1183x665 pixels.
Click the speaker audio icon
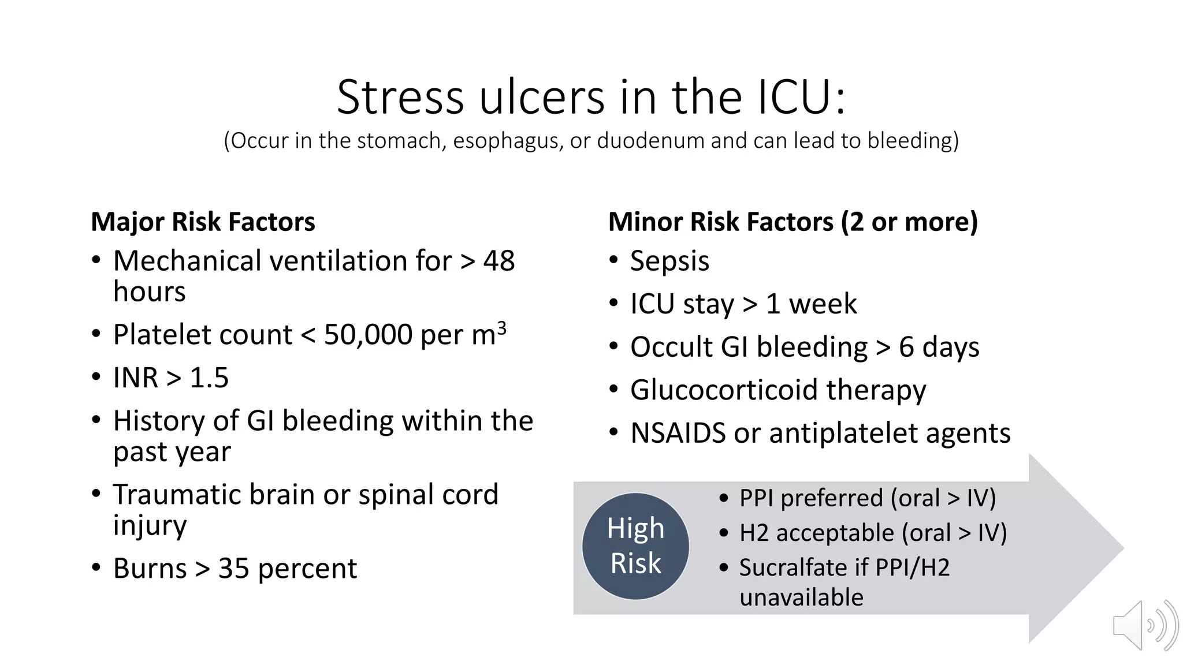pyautogui.click(x=1145, y=626)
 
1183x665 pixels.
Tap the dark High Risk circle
pyautogui.click(x=635, y=546)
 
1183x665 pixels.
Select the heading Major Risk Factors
pyautogui.click(x=203, y=222)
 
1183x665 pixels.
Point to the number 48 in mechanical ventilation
pyautogui.click(x=499, y=261)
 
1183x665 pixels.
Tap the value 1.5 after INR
pyautogui.click(x=209, y=378)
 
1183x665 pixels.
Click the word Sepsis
pyautogui.click(x=669, y=261)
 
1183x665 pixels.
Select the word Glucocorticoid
pyautogui.click(x=724, y=390)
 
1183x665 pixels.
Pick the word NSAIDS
pyautogui.click(x=678, y=433)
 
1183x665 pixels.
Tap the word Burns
pyautogui.click(x=150, y=569)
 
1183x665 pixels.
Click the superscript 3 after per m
pyautogui.click(x=501, y=327)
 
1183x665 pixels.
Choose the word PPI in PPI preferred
pyautogui.click(x=756, y=498)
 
